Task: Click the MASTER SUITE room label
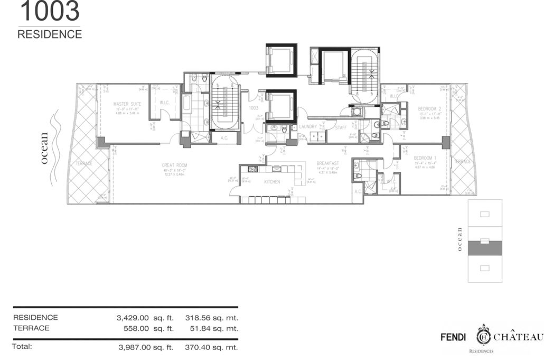coord(127,104)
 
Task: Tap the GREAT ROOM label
coord(174,165)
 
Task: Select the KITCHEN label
coord(272,182)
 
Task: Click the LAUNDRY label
coord(307,127)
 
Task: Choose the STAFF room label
coord(339,127)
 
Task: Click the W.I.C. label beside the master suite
coord(164,103)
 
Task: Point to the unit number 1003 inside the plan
coord(253,107)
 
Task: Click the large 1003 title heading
coord(49,11)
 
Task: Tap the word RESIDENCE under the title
coord(50,34)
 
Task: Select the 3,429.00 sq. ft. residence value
coord(145,318)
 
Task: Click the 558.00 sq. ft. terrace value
coord(148,328)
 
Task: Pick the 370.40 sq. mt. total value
coord(211,347)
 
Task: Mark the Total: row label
coord(23,347)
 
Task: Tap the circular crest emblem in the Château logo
coord(483,336)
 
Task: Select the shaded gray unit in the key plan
coord(484,248)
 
